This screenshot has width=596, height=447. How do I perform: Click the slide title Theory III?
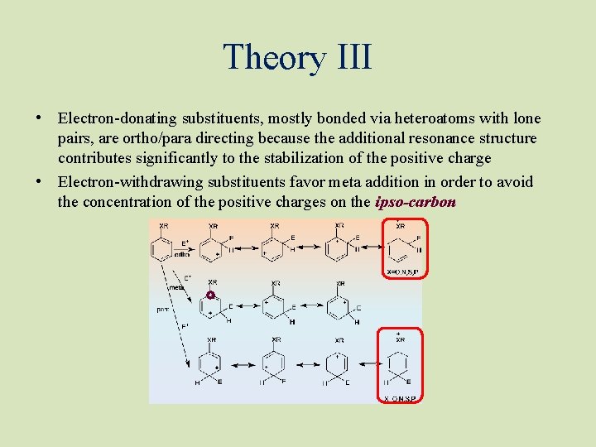click(x=297, y=57)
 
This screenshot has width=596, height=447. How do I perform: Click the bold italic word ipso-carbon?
click(x=416, y=203)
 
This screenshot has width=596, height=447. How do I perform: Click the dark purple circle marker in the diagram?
click(x=210, y=296)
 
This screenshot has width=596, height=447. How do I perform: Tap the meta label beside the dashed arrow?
click(x=175, y=287)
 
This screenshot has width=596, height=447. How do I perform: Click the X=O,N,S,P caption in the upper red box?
click(x=404, y=271)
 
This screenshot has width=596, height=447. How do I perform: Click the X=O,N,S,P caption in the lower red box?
click(x=401, y=398)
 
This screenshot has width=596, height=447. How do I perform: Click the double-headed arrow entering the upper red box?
click(x=369, y=246)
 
